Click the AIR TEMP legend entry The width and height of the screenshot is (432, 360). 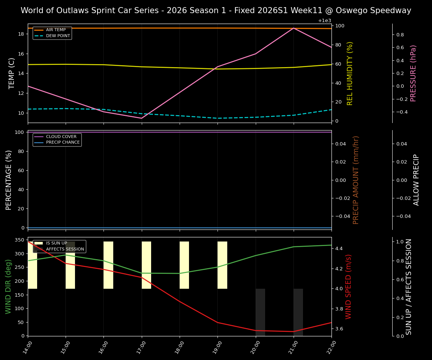point(55,30)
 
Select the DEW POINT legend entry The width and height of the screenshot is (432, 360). point(58,36)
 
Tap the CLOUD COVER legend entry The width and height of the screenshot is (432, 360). point(61,137)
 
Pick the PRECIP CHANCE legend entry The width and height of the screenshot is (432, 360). point(63,142)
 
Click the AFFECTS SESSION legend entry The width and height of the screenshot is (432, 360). point(65,249)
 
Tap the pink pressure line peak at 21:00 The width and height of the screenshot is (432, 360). point(294,28)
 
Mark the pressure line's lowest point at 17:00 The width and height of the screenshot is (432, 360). point(141,118)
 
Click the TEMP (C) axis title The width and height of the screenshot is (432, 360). point(12,73)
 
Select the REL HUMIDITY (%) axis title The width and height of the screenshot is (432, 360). point(350,73)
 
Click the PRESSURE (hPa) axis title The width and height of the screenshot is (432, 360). point(413,73)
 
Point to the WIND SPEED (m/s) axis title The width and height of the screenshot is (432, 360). point(348,286)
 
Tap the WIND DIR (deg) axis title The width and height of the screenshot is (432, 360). point(9,286)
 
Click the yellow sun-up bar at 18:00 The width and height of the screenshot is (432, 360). point(184,265)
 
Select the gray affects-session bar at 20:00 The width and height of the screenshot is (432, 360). point(260,312)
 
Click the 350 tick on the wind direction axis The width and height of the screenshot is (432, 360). point(19,240)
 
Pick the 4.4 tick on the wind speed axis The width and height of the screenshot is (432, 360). point(338,249)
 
